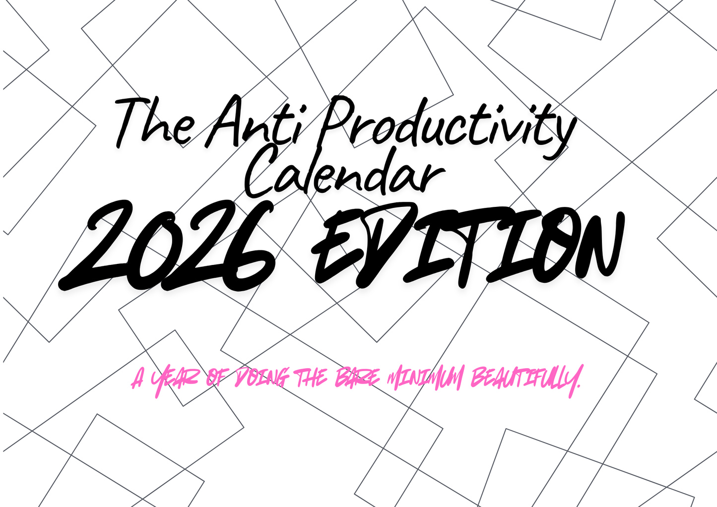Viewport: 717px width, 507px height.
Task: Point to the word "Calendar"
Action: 345,174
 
